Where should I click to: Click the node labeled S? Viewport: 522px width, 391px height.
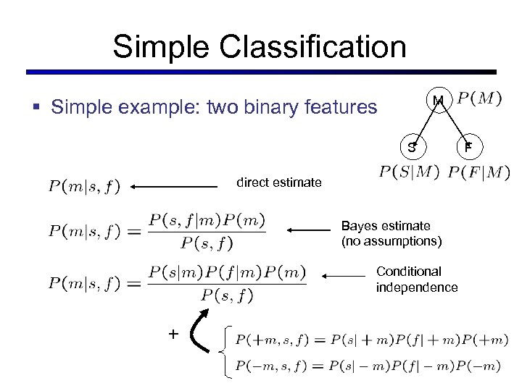pyautogui.click(x=411, y=147)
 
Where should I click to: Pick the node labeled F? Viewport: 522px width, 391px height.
pyautogui.click(x=468, y=147)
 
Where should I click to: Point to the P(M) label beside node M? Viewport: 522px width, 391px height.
pyautogui.click(x=482, y=98)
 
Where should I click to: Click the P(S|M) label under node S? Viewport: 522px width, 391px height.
pyautogui.click(x=409, y=172)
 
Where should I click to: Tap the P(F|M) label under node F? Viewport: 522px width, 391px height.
pyautogui.click(x=478, y=172)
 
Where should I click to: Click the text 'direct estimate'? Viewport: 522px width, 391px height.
pyautogui.click(x=279, y=182)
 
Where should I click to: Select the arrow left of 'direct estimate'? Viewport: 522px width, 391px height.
pyautogui.click(x=174, y=187)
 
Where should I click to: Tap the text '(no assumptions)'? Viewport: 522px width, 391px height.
pyautogui.click(x=391, y=240)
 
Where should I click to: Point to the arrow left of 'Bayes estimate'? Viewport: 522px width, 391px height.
pyautogui.click(x=308, y=230)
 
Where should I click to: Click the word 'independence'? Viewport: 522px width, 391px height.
pyautogui.click(x=416, y=287)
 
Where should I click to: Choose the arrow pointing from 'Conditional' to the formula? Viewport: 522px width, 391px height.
pyautogui.click(x=344, y=276)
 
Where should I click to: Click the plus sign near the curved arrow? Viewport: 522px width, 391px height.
pyautogui.click(x=173, y=333)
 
